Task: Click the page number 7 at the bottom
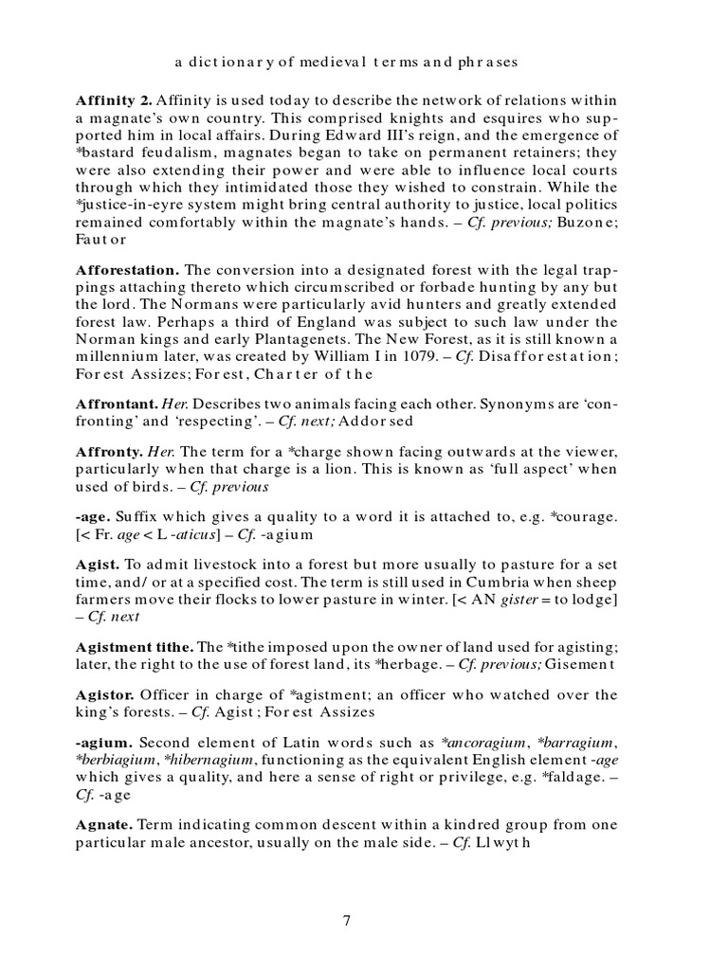tap(347, 921)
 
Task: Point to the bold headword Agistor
tap(104, 695)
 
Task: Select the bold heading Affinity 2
tap(113, 99)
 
